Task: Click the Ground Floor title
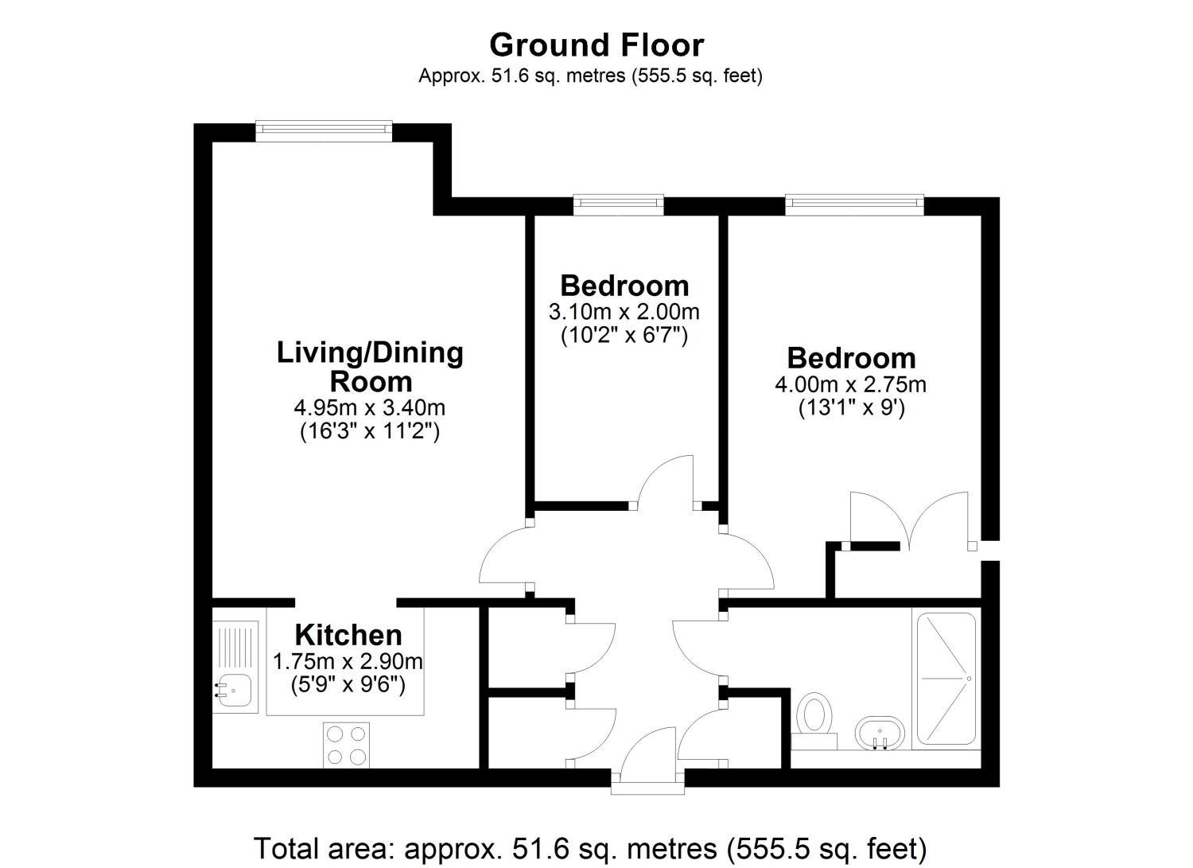[596, 45]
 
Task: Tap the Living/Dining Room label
[370, 367]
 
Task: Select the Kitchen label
[348, 635]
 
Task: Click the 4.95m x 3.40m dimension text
[370, 407]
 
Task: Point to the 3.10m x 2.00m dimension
[624, 312]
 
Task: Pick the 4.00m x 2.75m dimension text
[850, 384]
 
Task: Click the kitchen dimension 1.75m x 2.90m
[348, 661]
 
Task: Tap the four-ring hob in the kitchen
[346, 745]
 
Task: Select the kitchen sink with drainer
[235, 667]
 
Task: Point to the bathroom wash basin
[880, 734]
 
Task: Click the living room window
[324, 131]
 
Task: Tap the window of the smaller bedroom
[618, 205]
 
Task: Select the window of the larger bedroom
[854, 205]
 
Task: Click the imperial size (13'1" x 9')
[852, 408]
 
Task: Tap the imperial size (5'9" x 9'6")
[348, 685]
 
